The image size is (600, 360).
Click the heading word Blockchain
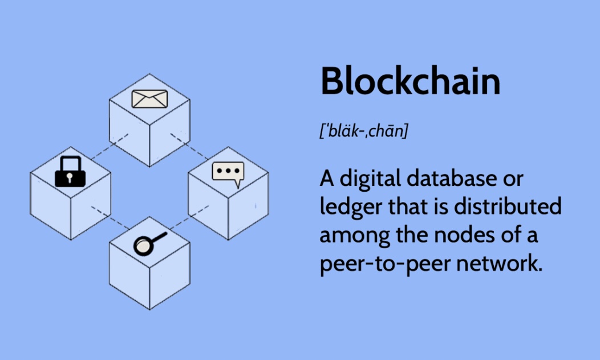click(x=410, y=81)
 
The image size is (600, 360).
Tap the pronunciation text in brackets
click(x=364, y=131)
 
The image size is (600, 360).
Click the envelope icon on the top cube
click(x=149, y=99)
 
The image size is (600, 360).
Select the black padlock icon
click(x=70, y=171)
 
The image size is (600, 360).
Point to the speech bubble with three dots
click(x=228, y=173)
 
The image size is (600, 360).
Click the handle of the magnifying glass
click(x=159, y=237)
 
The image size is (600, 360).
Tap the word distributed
click(x=508, y=206)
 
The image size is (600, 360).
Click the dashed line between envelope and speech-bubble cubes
click(x=189, y=145)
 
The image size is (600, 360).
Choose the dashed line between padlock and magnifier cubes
click(x=110, y=218)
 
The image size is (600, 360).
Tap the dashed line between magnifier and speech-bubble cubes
click(x=189, y=217)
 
